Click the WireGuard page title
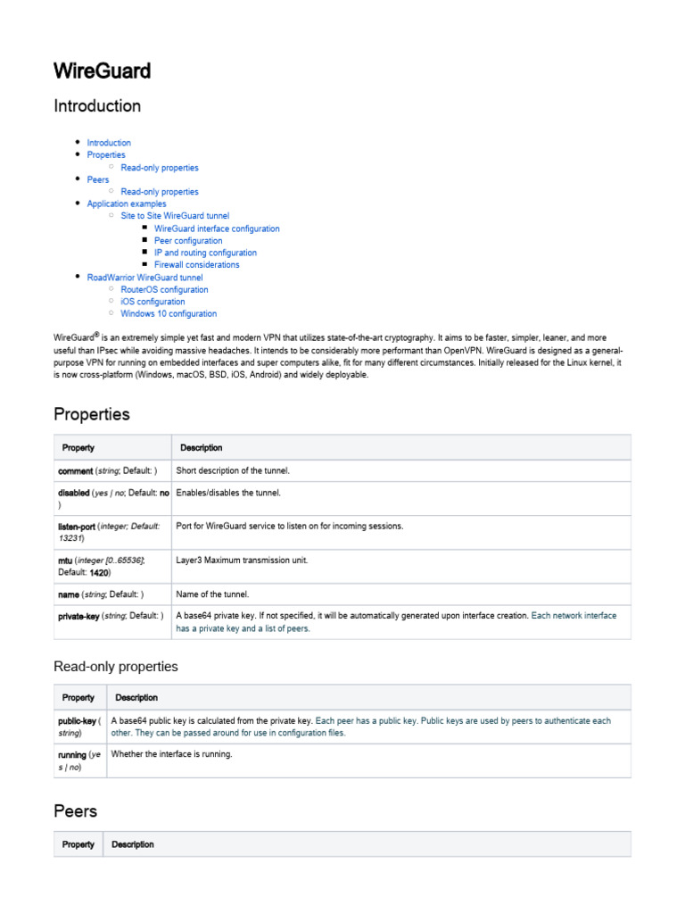click(102, 71)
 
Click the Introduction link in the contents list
click(109, 143)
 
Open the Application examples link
click(126, 204)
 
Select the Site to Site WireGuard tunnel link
click(175, 216)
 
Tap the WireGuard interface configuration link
click(217, 228)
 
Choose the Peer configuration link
click(188, 241)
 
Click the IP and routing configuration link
click(205, 253)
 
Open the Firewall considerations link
click(196, 265)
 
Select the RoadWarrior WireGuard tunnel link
click(144, 278)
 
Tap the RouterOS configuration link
click(164, 290)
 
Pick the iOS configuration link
click(153, 302)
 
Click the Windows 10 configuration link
click(169, 314)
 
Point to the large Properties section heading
click(91, 414)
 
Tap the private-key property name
click(78, 616)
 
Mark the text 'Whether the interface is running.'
click(171, 754)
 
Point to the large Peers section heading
click(75, 811)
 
